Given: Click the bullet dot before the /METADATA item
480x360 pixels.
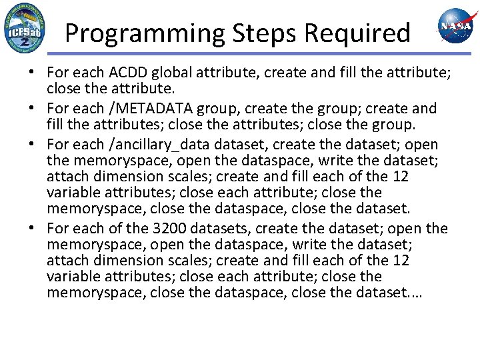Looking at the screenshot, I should pyautogui.click(x=34, y=109).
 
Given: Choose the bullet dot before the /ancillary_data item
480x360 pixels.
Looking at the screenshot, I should pyautogui.click(x=34, y=145).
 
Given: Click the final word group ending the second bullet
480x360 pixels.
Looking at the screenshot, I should pyautogui.click(x=397, y=124).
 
